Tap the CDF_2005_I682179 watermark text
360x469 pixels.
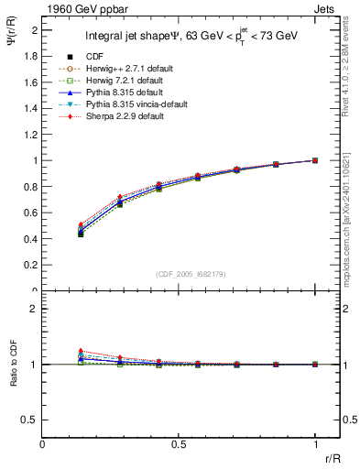(x=191, y=273)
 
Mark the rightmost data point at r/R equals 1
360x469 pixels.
(x=315, y=160)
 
